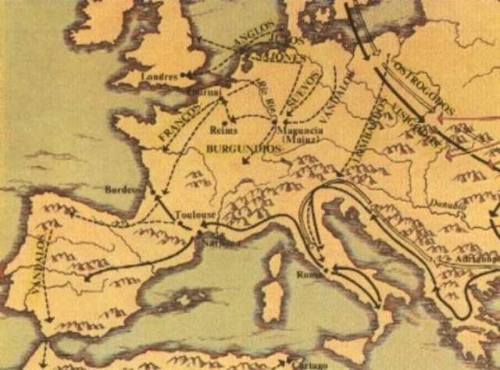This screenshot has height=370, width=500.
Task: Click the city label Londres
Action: coord(161,77)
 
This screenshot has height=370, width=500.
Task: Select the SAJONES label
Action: coord(266,57)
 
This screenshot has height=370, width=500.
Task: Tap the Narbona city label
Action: coord(221,243)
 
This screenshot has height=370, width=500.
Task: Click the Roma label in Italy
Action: coord(308,275)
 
